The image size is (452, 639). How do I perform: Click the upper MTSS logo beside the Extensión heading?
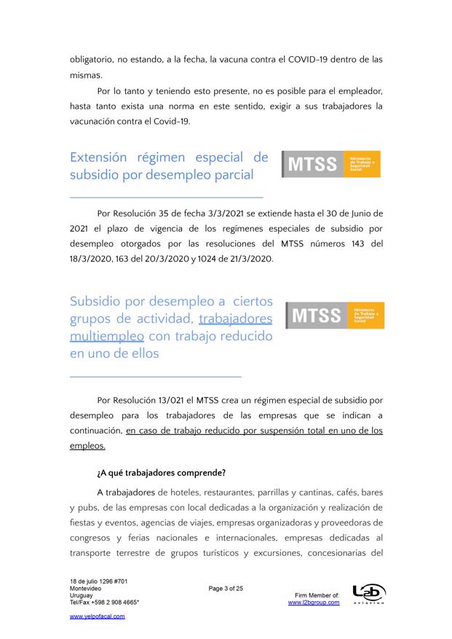pyautogui.click(x=331, y=164)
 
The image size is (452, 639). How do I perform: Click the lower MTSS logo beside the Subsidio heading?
pyautogui.click(x=335, y=315)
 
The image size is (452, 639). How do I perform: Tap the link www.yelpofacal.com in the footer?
pyautogui.click(x=97, y=616)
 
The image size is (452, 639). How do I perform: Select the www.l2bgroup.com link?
pyautogui.click(x=314, y=603)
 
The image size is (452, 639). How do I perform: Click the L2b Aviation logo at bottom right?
pyautogui.click(x=368, y=595)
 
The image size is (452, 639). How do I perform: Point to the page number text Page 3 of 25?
pyautogui.click(x=225, y=588)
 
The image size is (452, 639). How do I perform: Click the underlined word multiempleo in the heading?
pyautogui.click(x=107, y=337)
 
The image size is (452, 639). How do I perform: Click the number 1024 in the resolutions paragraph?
pyautogui.click(x=210, y=259)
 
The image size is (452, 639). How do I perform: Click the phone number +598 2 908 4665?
pyautogui.click(x=111, y=603)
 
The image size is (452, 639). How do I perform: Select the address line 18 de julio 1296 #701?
pyautogui.click(x=99, y=581)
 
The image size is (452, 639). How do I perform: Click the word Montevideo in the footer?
pyautogui.click(x=86, y=588)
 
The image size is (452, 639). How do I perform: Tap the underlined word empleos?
pyautogui.click(x=87, y=445)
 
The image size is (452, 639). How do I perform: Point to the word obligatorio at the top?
pyautogui.click(x=96, y=58)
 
